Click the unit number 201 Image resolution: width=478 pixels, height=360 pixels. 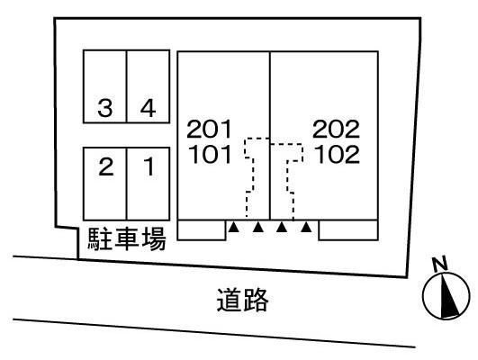point(209,129)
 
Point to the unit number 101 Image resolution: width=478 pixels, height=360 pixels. point(210,154)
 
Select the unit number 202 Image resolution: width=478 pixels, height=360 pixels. point(336,129)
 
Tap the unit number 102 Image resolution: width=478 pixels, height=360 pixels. point(337,154)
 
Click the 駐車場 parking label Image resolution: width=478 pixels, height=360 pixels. point(127,239)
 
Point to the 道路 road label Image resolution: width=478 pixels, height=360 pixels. point(243,300)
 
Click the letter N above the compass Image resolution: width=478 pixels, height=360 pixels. point(440,264)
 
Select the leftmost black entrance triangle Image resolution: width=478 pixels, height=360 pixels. point(233,227)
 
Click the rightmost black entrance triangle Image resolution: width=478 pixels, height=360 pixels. point(306,227)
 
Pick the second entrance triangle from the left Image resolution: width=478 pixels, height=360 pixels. point(257,227)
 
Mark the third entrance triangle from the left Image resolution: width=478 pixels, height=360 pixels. point(282,227)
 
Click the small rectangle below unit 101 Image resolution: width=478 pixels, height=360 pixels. point(202,229)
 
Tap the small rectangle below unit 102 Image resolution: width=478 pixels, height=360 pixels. point(348,229)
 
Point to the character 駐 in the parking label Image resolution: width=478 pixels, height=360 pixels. point(99,239)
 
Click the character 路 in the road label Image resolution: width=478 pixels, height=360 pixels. point(256,300)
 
